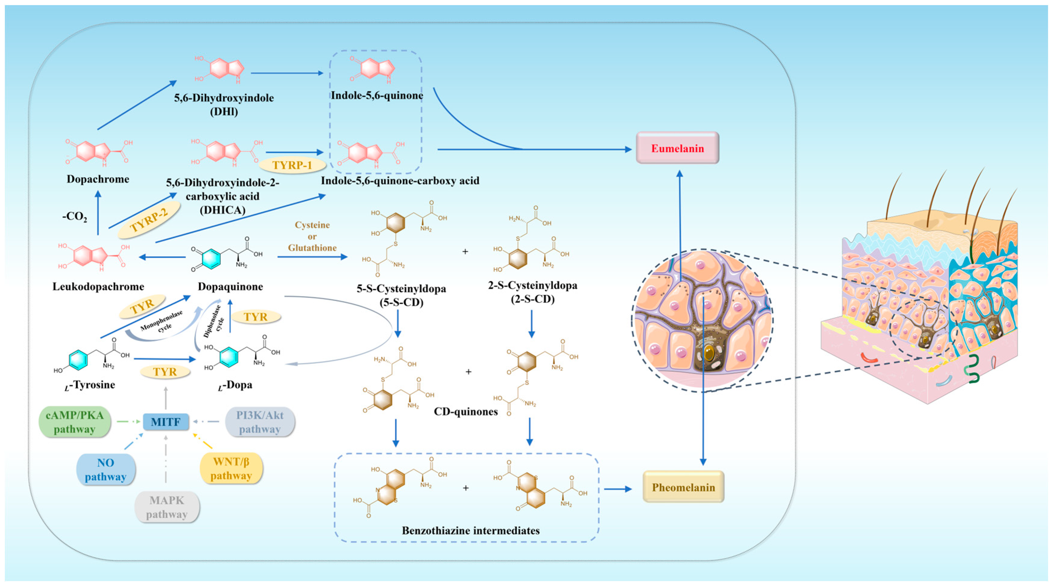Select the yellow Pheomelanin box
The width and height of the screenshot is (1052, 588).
click(x=683, y=487)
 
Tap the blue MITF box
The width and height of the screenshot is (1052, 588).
click(x=165, y=422)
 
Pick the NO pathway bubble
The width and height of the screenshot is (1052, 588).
click(x=106, y=469)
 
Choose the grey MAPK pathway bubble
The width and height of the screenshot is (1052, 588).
click(x=167, y=507)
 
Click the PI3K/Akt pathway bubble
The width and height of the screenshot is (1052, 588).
click(x=260, y=422)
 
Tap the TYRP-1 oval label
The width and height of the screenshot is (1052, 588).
click(x=292, y=165)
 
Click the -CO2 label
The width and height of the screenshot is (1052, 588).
click(x=74, y=216)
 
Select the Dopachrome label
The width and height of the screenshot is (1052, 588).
click(x=98, y=179)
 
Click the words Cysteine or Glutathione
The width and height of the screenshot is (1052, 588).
click(x=312, y=236)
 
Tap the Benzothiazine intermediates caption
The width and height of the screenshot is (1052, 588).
click(x=471, y=530)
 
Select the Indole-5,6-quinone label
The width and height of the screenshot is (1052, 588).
click(x=376, y=96)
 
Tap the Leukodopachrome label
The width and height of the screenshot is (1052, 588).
click(x=98, y=286)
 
